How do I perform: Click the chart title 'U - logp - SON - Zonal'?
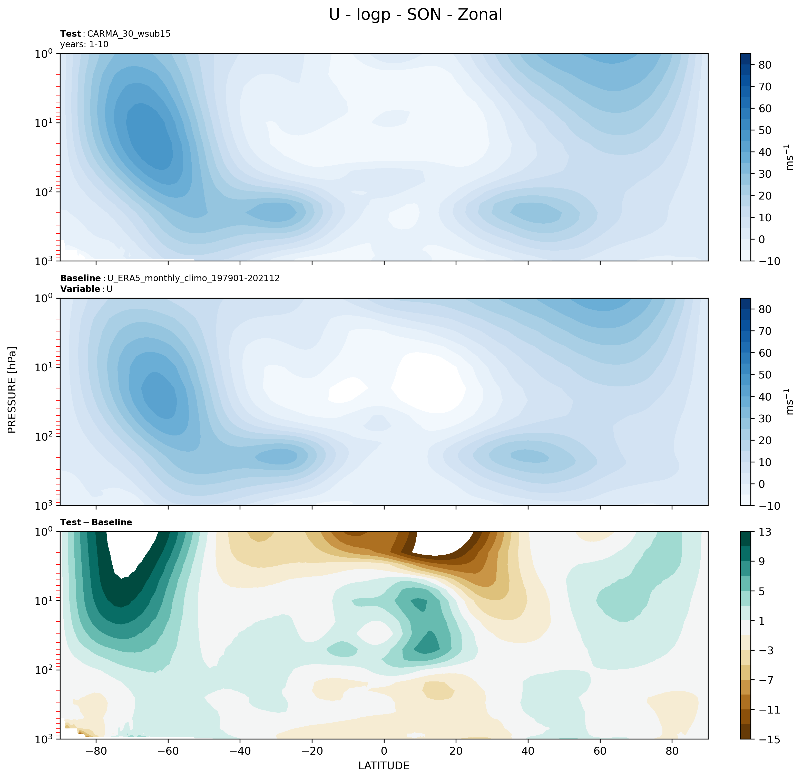point(415,15)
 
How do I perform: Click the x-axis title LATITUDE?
point(384,765)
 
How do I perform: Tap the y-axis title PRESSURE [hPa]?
point(12,390)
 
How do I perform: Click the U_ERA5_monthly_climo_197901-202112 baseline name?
point(193,278)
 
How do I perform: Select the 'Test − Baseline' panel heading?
point(96,522)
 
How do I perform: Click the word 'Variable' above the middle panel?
point(80,289)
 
